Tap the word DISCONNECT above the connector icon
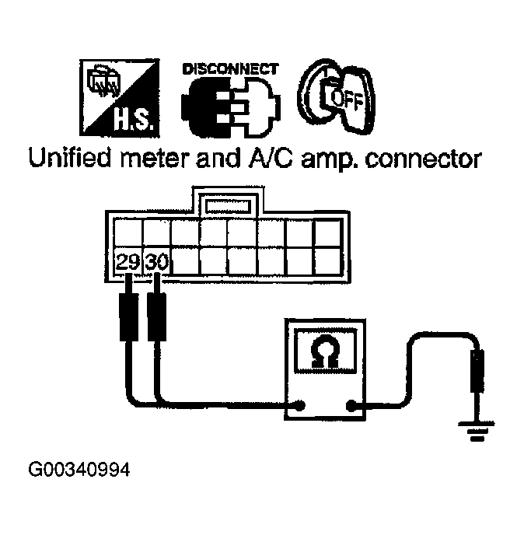pos(229,69)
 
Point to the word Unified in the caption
pos(71,160)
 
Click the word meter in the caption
pos(161,160)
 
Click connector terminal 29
pos(128,262)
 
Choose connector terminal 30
pos(156,262)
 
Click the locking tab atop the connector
pos(227,206)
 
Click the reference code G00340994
pos(79,470)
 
